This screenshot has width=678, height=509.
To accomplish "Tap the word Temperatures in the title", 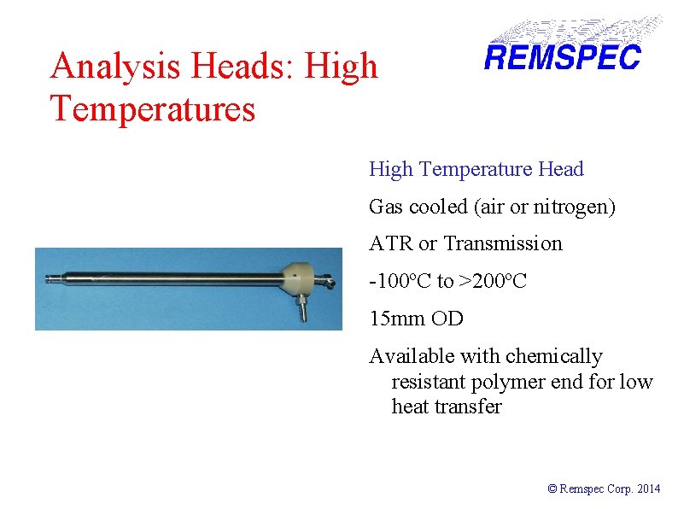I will coord(153,109).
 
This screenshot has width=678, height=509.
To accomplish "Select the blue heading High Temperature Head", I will coord(476,169).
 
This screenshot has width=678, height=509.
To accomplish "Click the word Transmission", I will coord(503,243).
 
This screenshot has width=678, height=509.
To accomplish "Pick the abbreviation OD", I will coord(447,319).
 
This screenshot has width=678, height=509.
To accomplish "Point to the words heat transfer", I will coord(446,407).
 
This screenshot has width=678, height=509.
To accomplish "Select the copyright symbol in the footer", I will coord(552,489).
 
